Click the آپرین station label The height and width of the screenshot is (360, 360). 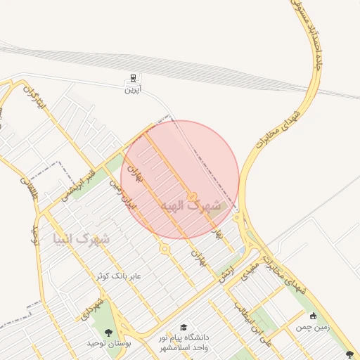coord(132,89)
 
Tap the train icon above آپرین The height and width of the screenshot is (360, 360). coord(132,78)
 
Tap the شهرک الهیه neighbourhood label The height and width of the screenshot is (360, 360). coord(195,206)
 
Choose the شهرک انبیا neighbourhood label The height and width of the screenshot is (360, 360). coord(81,240)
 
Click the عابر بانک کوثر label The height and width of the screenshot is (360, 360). coord(119,276)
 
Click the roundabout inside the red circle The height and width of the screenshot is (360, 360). coord(191,197)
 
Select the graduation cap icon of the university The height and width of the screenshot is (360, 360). coord(184,328)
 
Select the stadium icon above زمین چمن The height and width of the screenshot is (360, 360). coord(313,316)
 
